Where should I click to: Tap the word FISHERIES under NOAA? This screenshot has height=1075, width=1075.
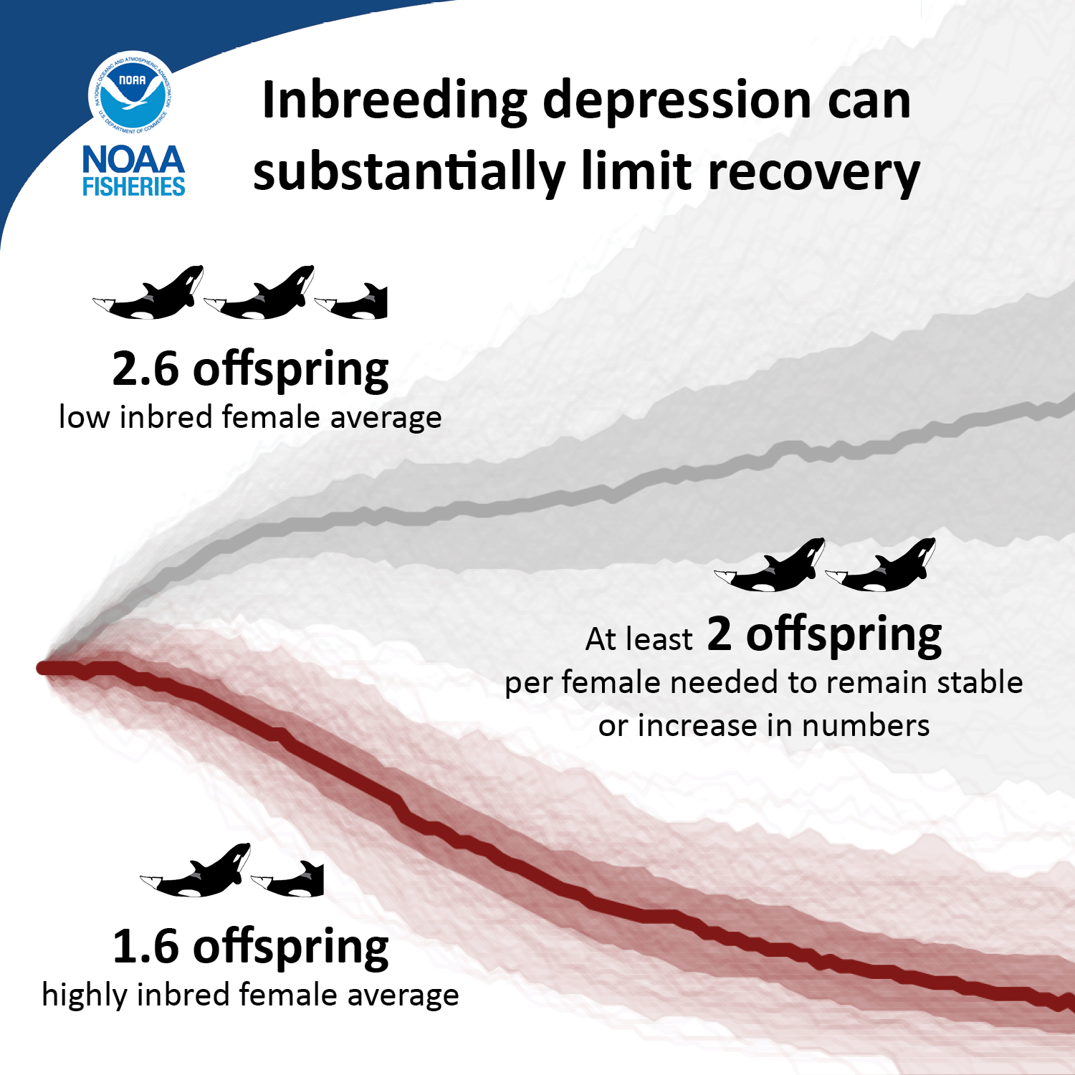[x=133, y=188]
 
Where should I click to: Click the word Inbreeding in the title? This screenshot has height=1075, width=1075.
[x=395, y=100]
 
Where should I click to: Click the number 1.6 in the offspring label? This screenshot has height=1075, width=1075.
[x=145, y=947]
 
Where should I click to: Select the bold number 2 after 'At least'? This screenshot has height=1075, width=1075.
[x=720, y=634]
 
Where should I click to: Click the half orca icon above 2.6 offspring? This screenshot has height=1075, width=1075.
[x=353, y=302]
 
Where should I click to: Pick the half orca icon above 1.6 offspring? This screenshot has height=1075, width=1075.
[x=290, y=880]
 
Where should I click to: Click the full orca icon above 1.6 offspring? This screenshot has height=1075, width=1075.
[x=196, y=871]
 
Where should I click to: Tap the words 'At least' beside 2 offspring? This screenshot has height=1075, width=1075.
[x=639, y=639]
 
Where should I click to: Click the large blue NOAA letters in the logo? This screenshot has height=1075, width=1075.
[x=133, y=160]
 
